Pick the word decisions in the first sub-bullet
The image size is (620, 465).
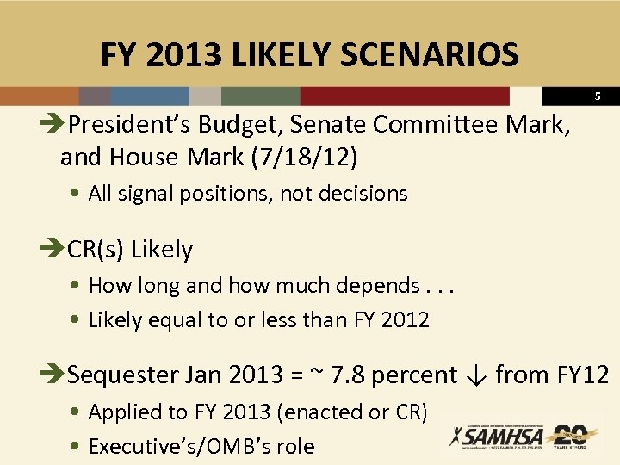(x=363, y=194)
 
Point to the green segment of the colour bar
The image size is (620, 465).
(x=260, y=96)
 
